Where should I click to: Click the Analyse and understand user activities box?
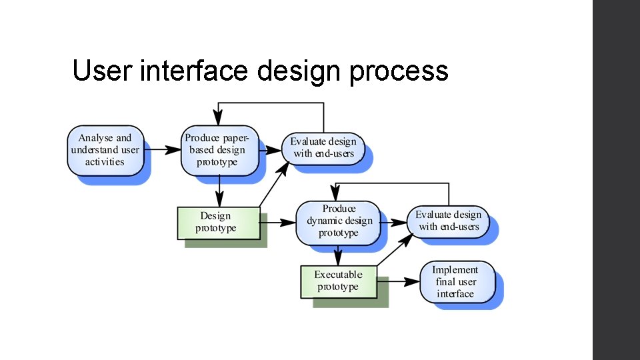pos(105,150)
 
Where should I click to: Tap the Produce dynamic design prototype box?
pos(339,221)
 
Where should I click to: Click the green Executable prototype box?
pos(338,281)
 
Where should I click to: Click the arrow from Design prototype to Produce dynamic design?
pos(277,222)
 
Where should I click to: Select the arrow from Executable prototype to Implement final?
pos(397,281)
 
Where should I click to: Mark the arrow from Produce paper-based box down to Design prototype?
pos(219,191)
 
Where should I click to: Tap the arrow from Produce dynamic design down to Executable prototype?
pos(338,255)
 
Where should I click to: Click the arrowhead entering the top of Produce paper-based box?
pos(218,119)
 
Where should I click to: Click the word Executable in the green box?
pos(338,275)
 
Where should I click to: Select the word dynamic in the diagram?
pos(326,221)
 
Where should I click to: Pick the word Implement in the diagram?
pos(455,270)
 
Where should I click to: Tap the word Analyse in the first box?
pos(96,138)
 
